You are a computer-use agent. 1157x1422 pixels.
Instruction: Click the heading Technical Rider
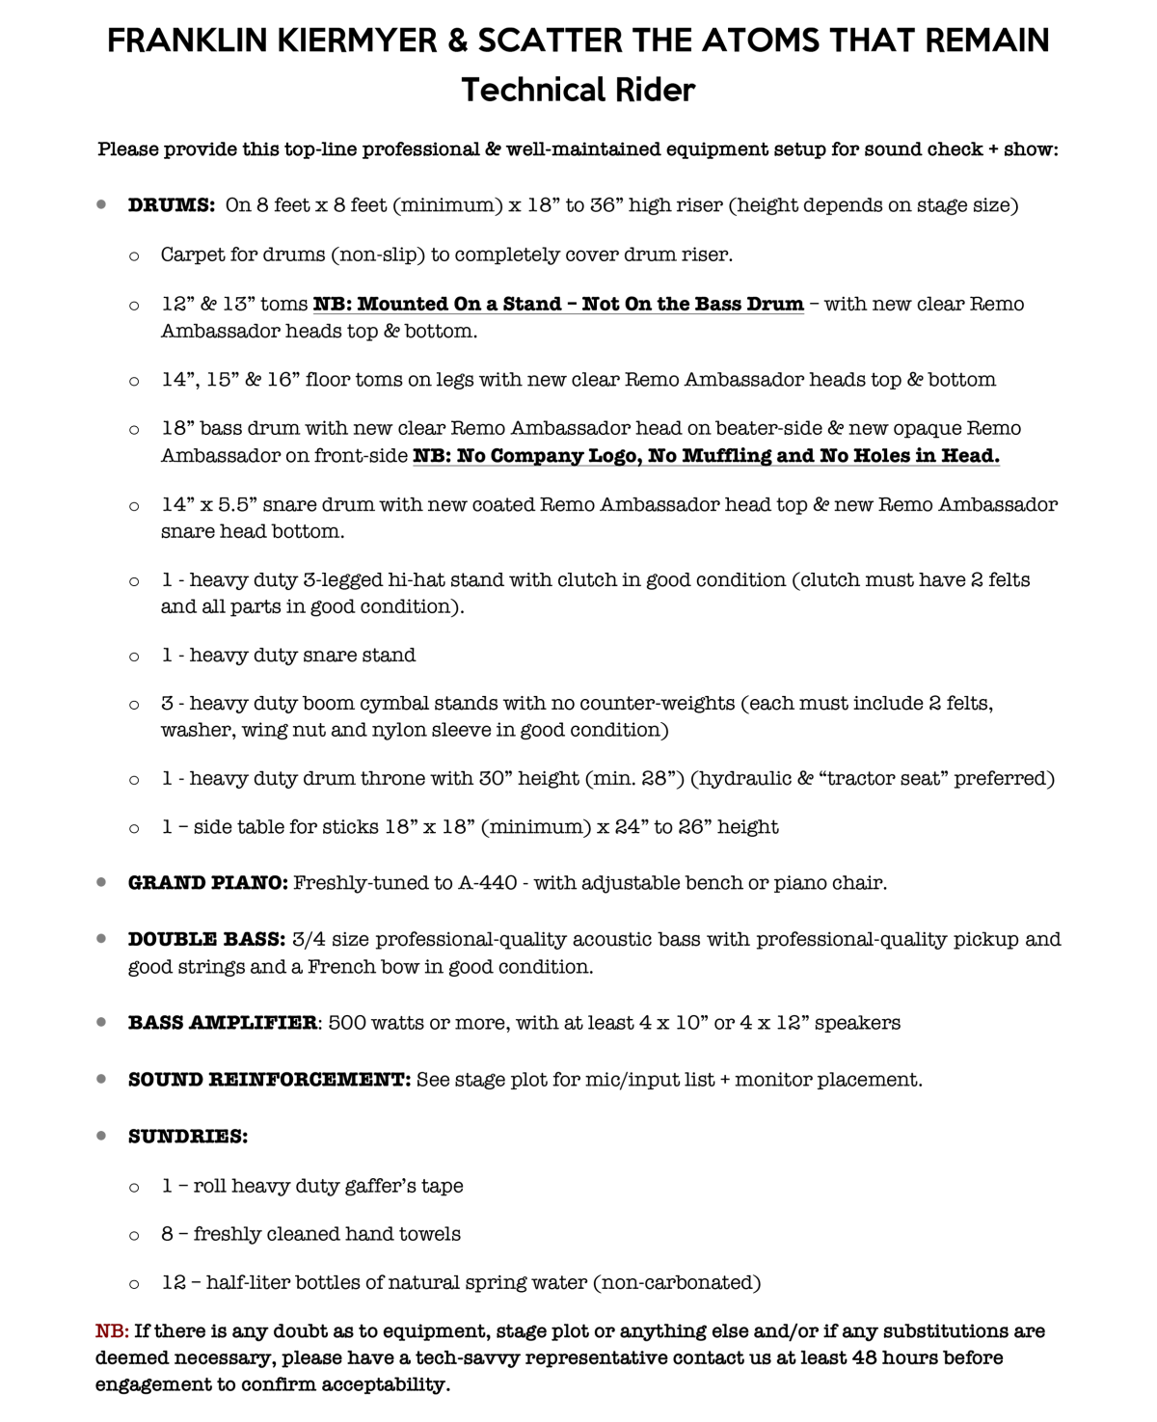pos(578,90)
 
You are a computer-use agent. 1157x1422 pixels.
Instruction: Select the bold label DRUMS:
pos(171,205)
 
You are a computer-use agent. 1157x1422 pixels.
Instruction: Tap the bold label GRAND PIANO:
pos(207,883)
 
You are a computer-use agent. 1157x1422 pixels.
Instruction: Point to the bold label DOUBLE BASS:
pos(206,939)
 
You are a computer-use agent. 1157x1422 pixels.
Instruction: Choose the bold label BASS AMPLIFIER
pos(223,1023)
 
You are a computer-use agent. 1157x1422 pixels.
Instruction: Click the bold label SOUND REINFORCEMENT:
pos(269,1080)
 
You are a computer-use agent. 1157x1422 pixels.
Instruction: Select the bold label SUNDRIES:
pos(188,1137)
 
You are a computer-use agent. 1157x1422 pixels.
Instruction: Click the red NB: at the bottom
pos(112,1331)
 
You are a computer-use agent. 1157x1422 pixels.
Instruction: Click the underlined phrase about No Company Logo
pos(706,456)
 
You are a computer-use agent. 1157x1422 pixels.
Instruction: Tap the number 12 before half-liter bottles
pos(174,1283)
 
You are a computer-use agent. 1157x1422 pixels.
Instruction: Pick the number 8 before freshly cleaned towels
pos(168,1234)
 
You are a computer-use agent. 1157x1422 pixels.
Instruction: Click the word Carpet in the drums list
pos(194,255)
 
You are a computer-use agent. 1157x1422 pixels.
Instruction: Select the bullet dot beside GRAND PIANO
pos(101,882)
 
